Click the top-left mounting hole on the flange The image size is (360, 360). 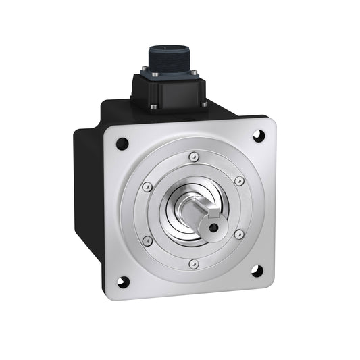[122, 143]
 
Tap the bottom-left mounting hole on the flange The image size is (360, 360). [122, 282]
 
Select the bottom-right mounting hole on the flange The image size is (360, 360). [257, 271]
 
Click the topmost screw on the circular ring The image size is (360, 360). [194, 157]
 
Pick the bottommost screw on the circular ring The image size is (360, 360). [194, 263]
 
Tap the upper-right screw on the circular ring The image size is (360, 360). [238, 181]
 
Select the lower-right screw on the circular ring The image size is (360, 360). [238, 234]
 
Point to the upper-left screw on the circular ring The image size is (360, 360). [148, 187]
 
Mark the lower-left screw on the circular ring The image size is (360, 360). [148, 240]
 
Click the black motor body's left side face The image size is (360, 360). [88, 196]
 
